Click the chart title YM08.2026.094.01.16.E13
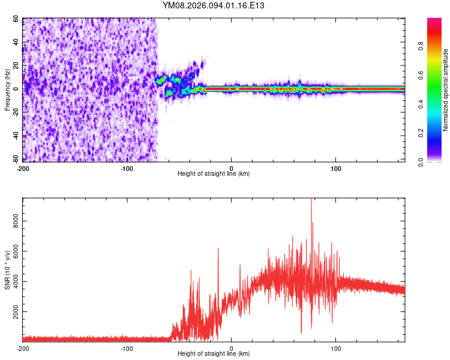(214, 5)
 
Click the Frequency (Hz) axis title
(7, 90)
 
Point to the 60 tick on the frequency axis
(16, 19)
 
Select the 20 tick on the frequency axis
(16, 66)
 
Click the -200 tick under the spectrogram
(23, 168)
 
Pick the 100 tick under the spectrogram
(336, 168)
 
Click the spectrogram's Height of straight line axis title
(214, 174)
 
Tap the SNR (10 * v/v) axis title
(7, 270)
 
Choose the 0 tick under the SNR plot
(232, 348)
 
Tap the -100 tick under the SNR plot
(127, 348)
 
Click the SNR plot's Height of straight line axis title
(214, 354)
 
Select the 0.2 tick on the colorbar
(437, 133)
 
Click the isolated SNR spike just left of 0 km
(218, 250)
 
